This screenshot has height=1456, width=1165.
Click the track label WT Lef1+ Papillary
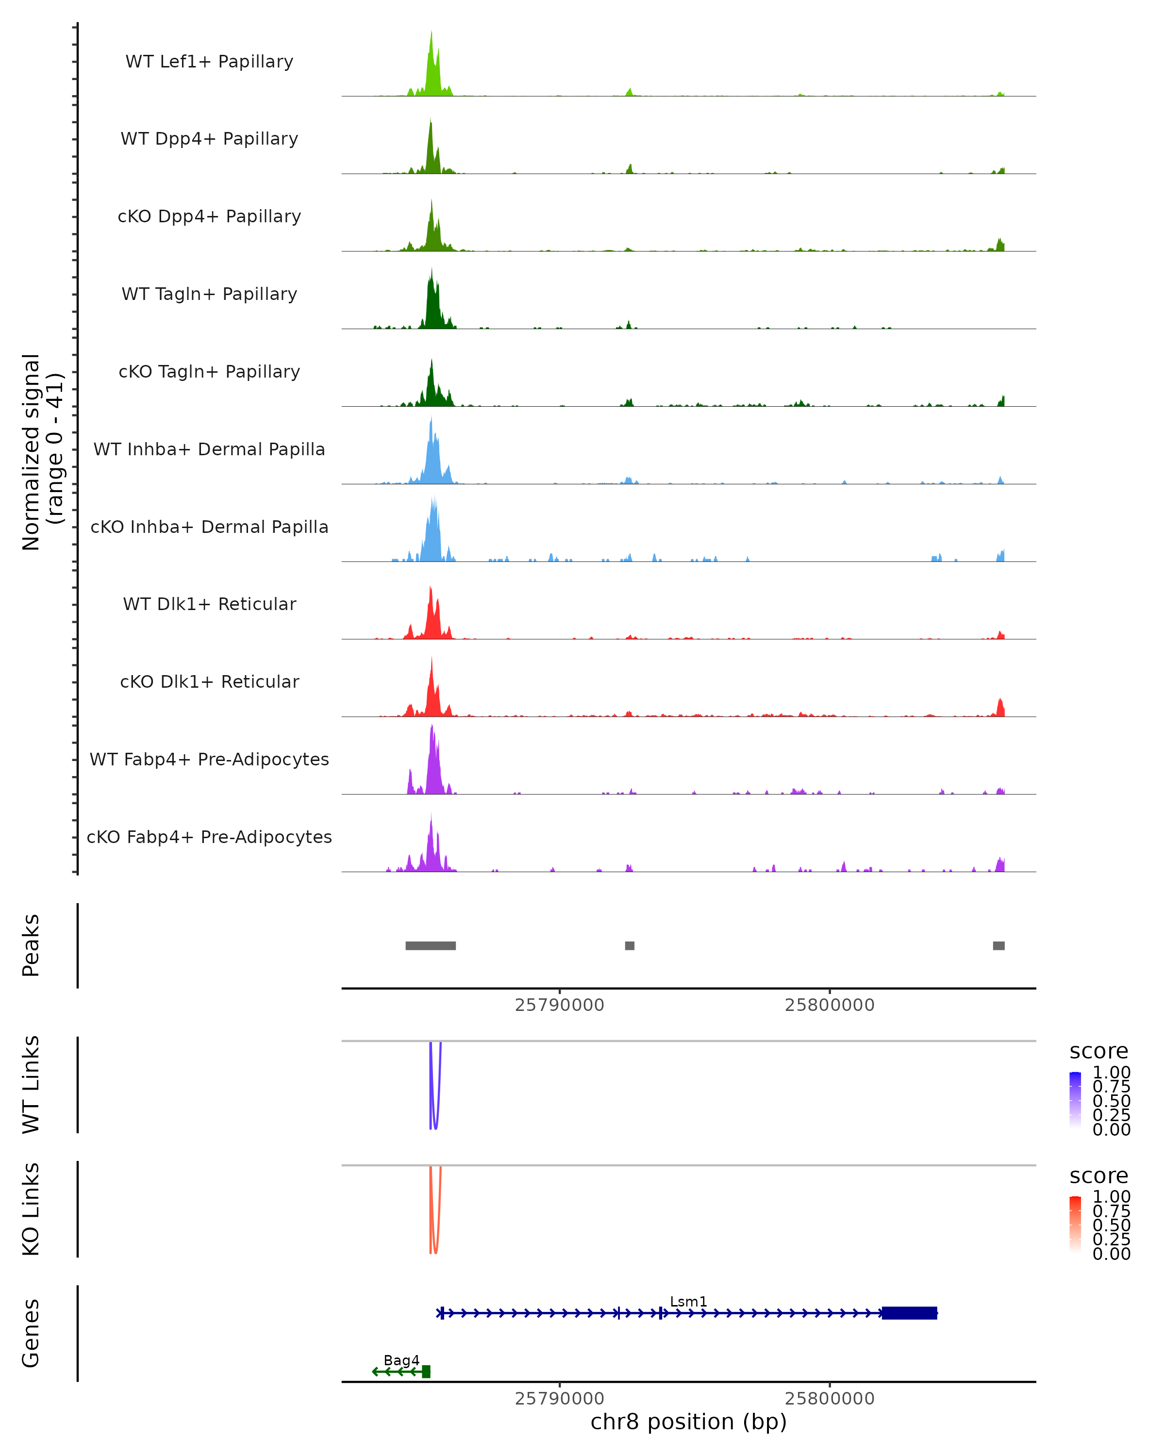(209, 62)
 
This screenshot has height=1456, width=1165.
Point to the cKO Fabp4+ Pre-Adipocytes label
(209, 837)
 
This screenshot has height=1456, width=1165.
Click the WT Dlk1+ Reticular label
(209, 604)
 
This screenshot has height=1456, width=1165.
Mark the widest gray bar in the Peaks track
(430, 945)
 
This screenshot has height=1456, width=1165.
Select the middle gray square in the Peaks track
(630, 945)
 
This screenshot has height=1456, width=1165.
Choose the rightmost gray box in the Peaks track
(998, 945)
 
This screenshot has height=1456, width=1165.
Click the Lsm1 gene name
(688, 1301)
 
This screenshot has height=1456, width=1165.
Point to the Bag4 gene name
(401, 1360)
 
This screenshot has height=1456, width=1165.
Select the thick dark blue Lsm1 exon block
(909, 1313)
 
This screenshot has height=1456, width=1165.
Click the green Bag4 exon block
(426, 1372)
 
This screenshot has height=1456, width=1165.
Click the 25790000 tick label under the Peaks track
(559, 1005)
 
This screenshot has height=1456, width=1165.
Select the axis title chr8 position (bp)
(688, 1422)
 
